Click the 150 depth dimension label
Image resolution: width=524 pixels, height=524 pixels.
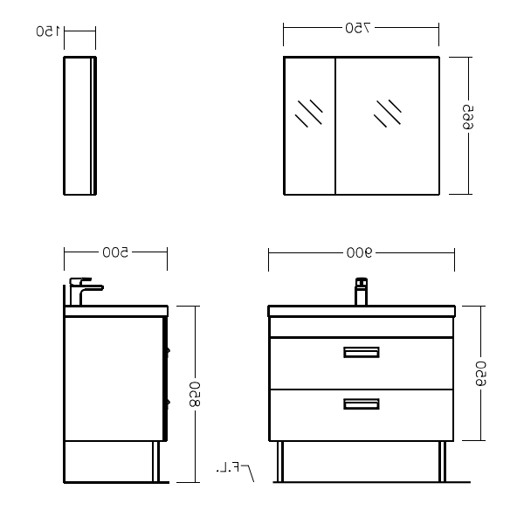pyautogui.click(x=48, y=31)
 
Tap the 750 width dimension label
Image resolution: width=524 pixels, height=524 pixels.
pyautogui.click(x=358, y=29)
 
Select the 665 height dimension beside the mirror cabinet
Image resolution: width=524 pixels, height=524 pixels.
pyautogui.click(x=468, y=117)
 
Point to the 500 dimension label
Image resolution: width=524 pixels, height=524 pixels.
pyautogui.click(x=115, y=252)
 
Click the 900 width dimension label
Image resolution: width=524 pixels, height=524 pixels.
pyautogui.click(x=359, y=253)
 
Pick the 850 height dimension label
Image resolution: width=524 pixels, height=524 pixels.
pyautogui.click(x=195, y=395)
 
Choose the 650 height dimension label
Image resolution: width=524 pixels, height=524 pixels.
pyautogui.click(x=480, y=374)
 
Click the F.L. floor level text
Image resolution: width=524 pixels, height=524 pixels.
pyautogui.click(x=228, y=467)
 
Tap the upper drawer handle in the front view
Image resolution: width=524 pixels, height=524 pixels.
pyautogui.click(x=362, y=352)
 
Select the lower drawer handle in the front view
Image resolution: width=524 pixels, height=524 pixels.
pyautogui.click(x=362, y=404)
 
